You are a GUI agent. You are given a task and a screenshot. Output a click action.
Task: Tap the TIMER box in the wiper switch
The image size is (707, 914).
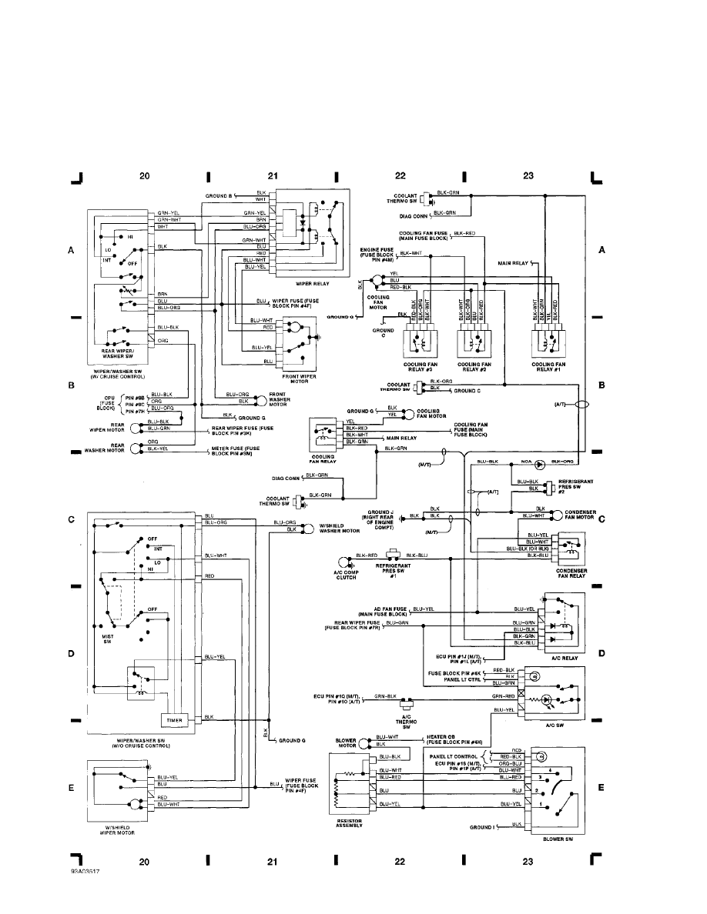[x=171, y=719]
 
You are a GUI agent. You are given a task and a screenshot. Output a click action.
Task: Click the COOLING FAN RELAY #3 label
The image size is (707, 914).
[x=414, y=368]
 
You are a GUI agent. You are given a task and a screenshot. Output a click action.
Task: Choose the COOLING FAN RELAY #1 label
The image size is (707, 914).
[x=549, y=368]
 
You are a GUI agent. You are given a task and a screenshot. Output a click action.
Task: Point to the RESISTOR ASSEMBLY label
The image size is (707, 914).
[x=350, y=823]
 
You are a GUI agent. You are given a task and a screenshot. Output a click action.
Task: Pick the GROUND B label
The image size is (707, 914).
[x=218, y=196]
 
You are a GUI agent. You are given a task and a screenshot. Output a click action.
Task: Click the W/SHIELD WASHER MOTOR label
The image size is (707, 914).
[x=340, y=528]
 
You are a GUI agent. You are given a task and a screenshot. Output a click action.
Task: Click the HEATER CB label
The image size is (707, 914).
[x=454, y=739]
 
